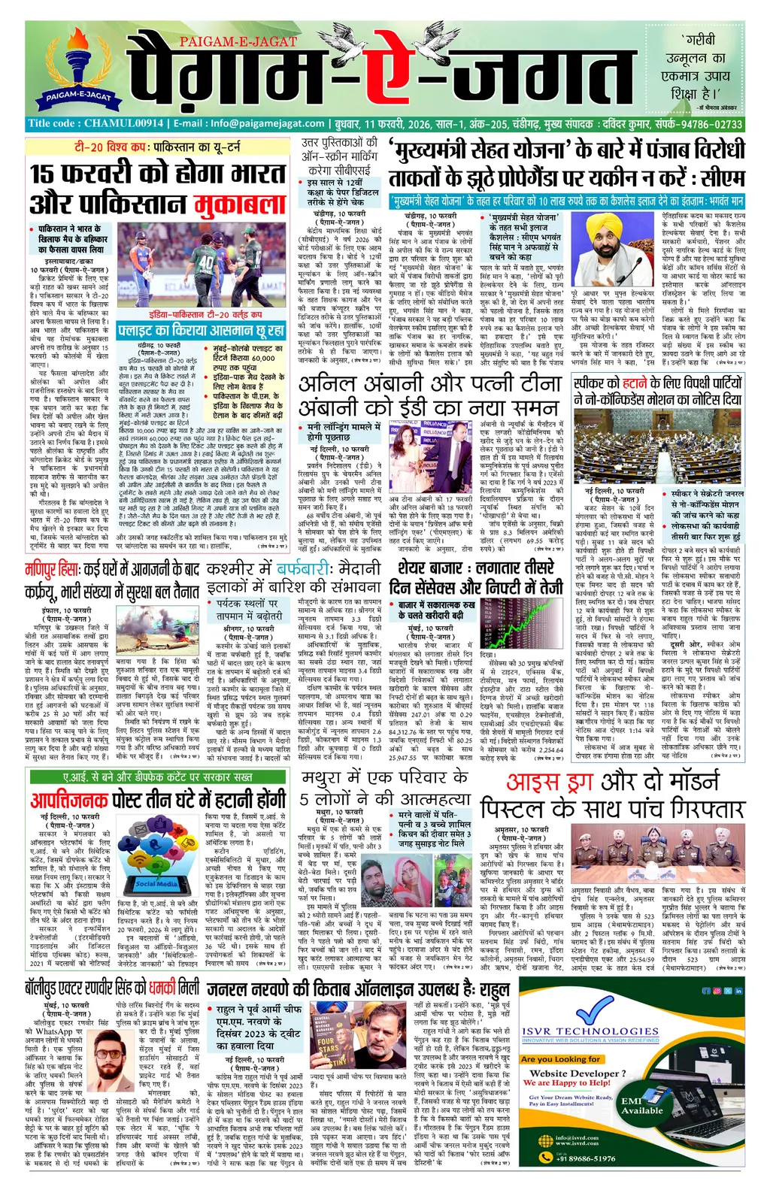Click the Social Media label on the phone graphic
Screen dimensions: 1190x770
(156, 884)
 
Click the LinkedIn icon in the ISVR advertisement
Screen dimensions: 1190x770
(738, 992)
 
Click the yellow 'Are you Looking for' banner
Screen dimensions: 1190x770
(560, 1059)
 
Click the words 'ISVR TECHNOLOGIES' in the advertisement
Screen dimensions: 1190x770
(590, 1031)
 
